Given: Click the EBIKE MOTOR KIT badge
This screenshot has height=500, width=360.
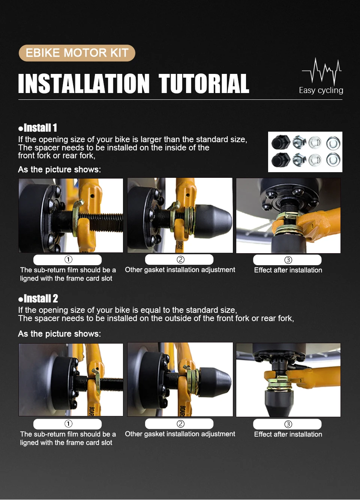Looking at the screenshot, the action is click(77, 53).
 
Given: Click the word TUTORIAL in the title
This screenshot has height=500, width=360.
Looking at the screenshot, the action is click(204, 84).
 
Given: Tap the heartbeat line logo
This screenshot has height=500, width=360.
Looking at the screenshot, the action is click(322, 71).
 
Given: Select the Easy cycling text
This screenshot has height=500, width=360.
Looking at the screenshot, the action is click(321, 90).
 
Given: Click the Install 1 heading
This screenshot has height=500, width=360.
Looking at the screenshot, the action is click(38, 128).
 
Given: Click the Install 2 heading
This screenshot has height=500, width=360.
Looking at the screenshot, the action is click(38, 299).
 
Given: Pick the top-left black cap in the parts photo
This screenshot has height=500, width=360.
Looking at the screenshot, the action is click(280, 142).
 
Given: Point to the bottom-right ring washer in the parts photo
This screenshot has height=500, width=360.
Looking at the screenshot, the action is click(333, 160).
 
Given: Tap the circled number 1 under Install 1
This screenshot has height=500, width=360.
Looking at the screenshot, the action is click(68, 259).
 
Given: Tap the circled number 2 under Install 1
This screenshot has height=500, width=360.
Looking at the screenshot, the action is click(180, 259).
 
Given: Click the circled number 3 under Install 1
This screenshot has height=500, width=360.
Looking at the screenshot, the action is click(288, 260).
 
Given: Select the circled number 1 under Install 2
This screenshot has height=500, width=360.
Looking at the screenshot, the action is click(68, 423).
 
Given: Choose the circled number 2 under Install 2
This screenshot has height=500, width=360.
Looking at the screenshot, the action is click(180, 423).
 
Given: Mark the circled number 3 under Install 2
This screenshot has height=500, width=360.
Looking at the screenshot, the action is click(288, 424).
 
